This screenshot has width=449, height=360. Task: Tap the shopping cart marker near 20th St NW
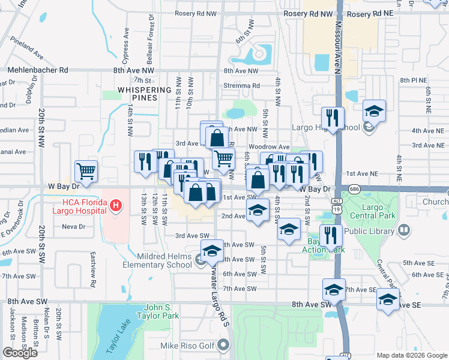pyautogui.click(x=86, y=171)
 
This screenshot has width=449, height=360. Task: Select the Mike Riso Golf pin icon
pyautogui.click(x=224, y=345)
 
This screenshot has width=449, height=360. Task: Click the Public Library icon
pyautogui.click(x=405, y=229)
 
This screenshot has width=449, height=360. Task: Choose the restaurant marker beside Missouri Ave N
pyautogui.click(x=331, y=116)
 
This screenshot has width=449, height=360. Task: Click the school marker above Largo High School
pyautogui.click(x=374, y=111)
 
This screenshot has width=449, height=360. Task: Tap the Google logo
pyautogui.click(x=20, y=353)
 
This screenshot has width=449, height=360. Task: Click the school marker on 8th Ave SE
pyautogui.click(x=388, y=299)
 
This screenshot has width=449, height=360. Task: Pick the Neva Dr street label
pyautogui.click(x=74, y=227)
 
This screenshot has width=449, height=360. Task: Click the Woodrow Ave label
pyautogui.click(x=268, y=147)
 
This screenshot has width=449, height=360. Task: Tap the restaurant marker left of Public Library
pyautogui.click(x=331, y=235)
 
